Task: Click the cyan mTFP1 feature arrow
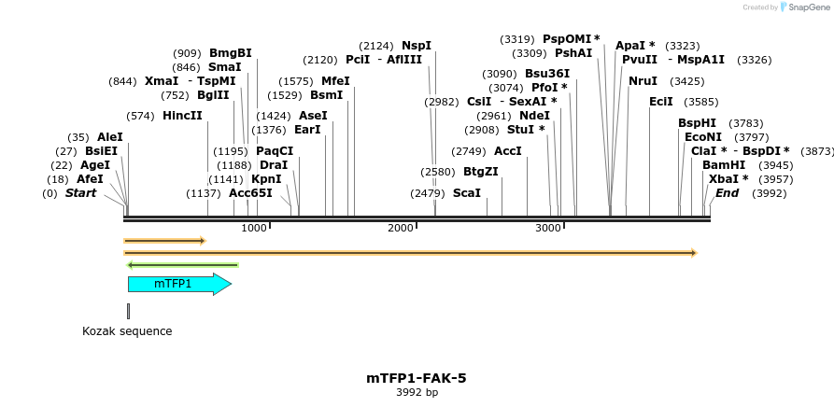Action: click(177, 284)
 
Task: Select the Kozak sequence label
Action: click(127, 331)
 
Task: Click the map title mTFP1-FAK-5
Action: click(416, 378)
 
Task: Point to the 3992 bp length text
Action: click(417, 393)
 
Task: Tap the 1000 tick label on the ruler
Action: click(254, 229)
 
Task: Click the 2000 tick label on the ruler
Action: click(401, 229)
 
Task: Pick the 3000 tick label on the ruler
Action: click(547, 229)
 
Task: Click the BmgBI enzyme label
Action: click(230, 53)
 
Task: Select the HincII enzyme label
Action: click(182, 116)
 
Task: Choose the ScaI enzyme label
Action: click(467, 193)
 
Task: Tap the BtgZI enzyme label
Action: click(481, 172)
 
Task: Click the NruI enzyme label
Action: click(643, 81)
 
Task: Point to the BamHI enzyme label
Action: click(724, 165)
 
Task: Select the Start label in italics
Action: click(80, 193)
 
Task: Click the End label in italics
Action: click(727, 193)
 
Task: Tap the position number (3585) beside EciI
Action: click(701, 102)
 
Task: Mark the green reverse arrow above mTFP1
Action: click(182, 265)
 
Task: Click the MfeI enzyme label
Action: click(335, 81)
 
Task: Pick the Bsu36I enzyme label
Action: click(547, 74)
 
